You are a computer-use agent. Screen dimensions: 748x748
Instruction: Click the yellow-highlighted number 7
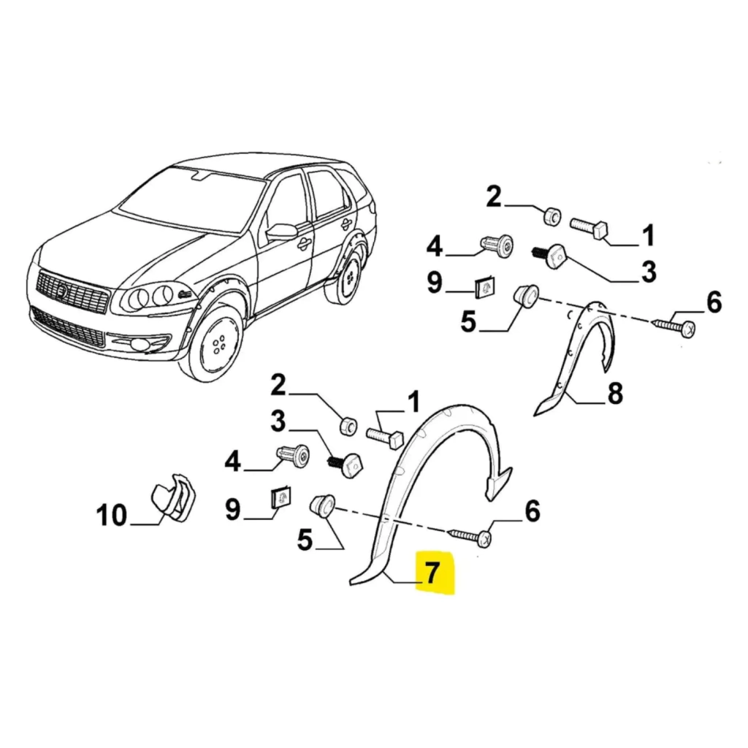[x=433, y=573]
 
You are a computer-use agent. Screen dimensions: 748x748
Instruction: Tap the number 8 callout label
[x=615, y=394]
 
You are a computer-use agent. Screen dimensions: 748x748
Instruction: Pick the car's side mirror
[x=280, y=232]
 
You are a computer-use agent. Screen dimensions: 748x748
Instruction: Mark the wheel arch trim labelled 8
[x=581, y=351]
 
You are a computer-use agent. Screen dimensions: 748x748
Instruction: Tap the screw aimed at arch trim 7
[x=471, y=537]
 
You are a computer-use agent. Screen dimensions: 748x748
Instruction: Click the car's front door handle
[x=301, y=245]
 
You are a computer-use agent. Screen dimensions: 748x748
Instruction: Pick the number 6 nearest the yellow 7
[x=532, y=511]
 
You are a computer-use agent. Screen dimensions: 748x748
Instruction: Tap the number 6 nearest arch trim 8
[x=713, y=301]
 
